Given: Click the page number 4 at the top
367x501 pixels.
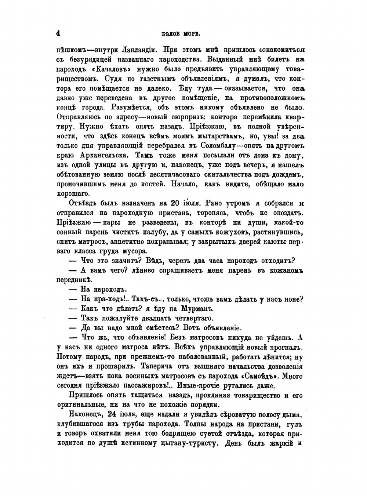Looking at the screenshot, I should pos(58,33).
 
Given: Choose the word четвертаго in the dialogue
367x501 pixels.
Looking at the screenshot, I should pos(192,318).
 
